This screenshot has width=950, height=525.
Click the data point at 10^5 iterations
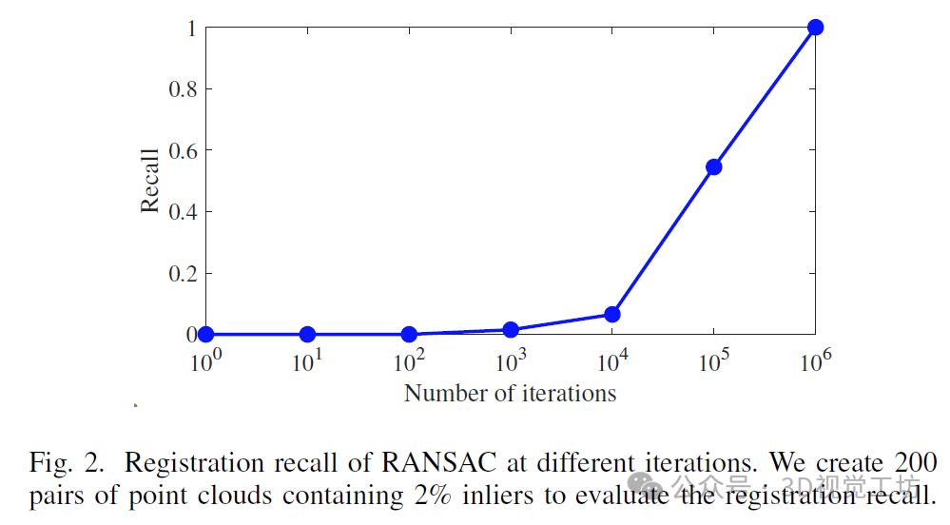(713, 167)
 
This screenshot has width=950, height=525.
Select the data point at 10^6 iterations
(815, 28)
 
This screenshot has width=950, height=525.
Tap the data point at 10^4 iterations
(612, 314)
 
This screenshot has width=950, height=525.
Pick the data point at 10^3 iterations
(511, 330)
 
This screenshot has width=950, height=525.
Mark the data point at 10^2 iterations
(409, 334)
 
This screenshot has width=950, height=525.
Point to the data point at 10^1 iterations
(307, 334)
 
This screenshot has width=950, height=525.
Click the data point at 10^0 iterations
(205, 334)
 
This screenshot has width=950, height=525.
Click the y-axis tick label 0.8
(183, 89)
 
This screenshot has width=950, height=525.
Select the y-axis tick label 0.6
(183, 150)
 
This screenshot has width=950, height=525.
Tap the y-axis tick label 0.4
(183, 211)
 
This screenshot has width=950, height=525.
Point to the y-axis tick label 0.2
(183, 273)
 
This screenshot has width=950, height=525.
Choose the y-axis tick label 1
(190, 29)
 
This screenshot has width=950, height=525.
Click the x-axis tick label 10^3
(510, 360)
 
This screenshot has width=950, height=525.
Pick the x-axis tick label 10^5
(713, 360)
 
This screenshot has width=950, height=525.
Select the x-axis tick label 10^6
(815, 360)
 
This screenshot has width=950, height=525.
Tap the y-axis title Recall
(150, 181)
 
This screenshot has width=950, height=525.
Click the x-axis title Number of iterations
(510, 393)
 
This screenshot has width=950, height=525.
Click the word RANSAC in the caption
(439, 464)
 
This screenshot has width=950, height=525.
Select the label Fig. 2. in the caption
(66, 464)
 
